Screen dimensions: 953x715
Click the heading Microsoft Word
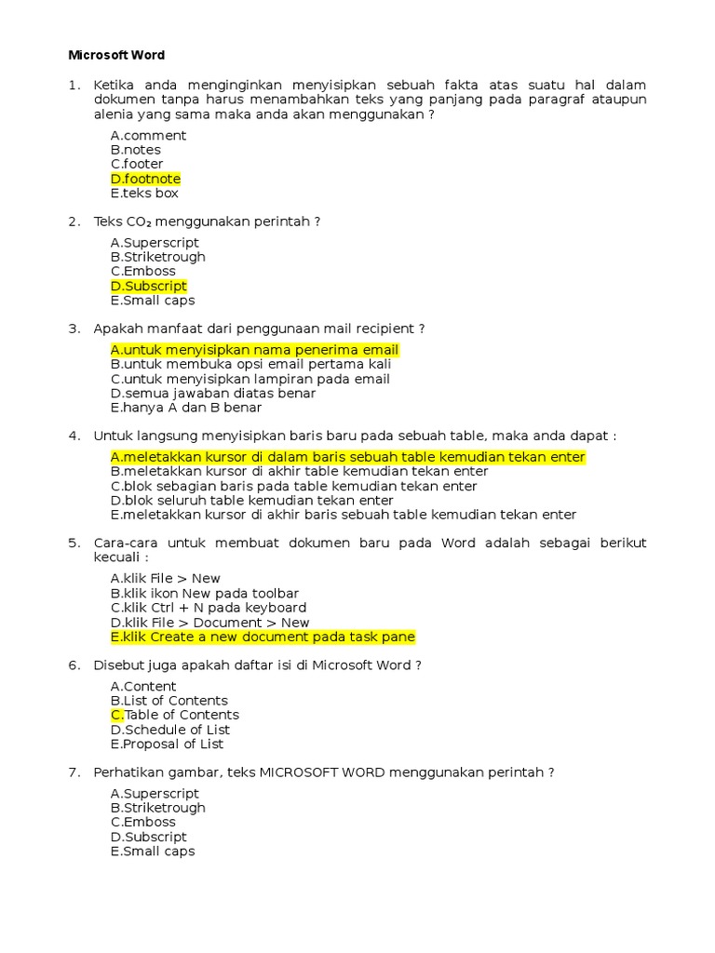click(116, 55)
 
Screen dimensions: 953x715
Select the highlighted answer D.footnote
click(145, 179)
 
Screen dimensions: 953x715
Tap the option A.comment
click(148, 136)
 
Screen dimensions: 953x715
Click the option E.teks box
click(144, 194)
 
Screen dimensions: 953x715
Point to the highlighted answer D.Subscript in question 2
click(149, 286)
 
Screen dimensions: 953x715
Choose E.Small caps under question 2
click(153, 301)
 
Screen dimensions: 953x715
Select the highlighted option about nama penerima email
click(254, 350)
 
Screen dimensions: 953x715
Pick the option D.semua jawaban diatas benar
click(213, 393)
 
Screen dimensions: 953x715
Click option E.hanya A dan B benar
click(186, 408)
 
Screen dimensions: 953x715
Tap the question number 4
click(74, 436)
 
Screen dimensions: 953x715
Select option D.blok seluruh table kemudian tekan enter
click(252, 500)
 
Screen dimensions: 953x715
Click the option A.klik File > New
click(166, 579)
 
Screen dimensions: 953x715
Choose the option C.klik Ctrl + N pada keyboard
click(209, 608)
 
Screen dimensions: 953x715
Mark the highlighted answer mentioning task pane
click(263, 637)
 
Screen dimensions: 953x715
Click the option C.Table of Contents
click(175, 715)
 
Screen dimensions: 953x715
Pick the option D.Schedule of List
click(170, 730)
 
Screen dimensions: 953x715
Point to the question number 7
click(74, 772)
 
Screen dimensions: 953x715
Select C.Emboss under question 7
click(143, 822)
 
